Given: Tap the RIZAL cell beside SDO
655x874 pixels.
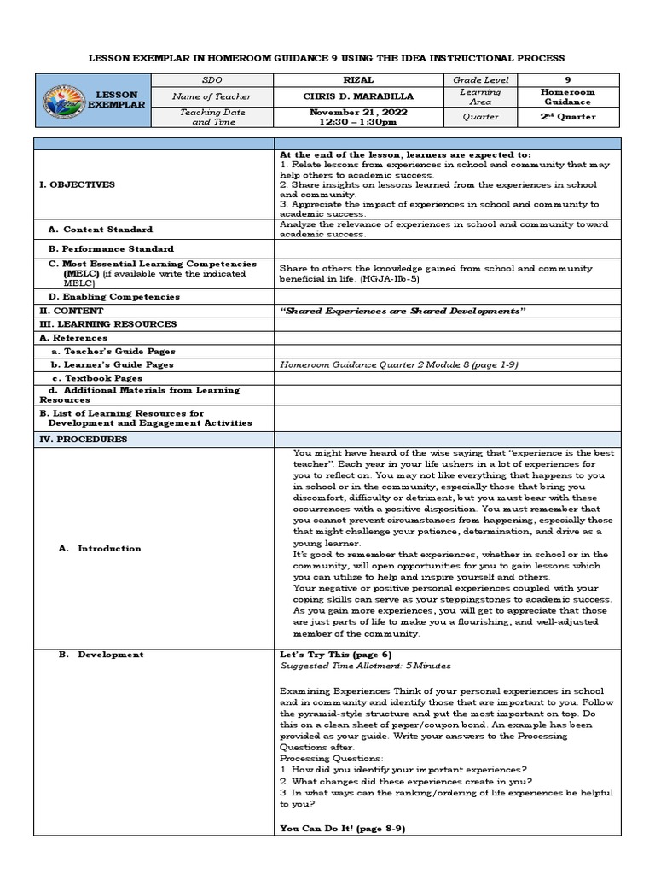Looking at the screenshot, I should click(351, 79).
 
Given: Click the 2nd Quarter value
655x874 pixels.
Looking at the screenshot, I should click(568, 117).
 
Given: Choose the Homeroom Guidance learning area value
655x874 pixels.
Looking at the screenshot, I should click(568, 97).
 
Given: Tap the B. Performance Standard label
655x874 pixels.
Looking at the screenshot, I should click(113, 248).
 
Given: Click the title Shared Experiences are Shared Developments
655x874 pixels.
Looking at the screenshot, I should click(403, 311).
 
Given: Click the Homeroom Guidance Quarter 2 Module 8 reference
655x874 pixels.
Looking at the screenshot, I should click(399, 364).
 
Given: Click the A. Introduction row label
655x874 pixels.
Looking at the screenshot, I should click(100, 548).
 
